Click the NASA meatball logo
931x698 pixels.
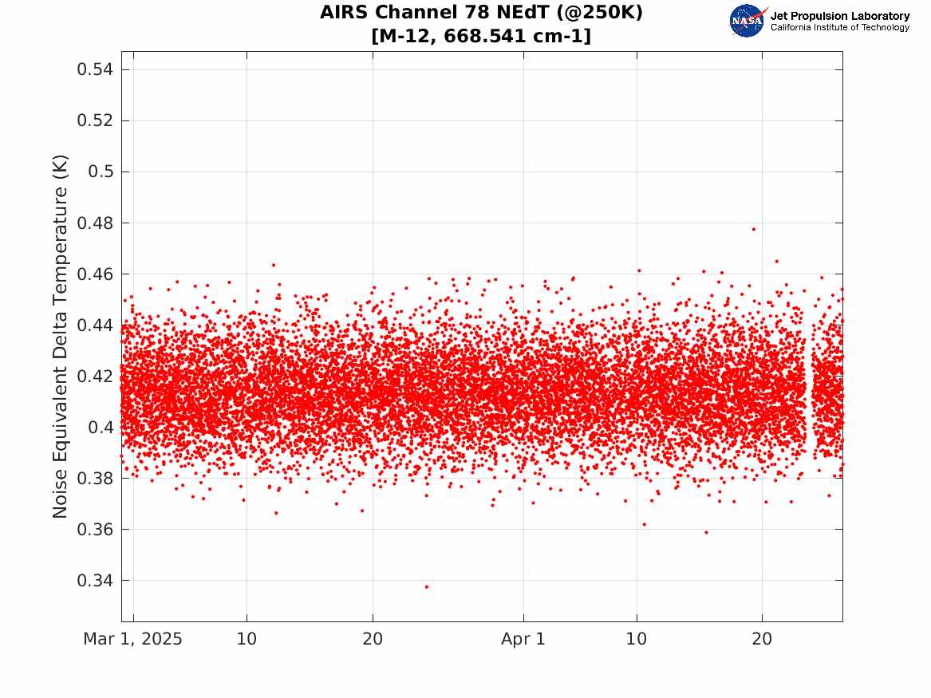click(748, 21)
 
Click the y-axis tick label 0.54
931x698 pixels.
click(95, 69)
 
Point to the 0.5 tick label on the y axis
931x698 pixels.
click(101, 172)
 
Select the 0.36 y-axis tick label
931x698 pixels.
click(95, 530)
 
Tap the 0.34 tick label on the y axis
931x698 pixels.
click(95, 581)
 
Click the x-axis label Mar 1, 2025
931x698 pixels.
click(133, 639)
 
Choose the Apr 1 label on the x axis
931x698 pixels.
click(523, 639)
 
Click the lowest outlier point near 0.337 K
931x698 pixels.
click(426, 587)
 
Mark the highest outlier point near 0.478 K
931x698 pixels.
click(754, 229)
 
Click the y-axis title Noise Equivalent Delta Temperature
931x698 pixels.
click(60, 337)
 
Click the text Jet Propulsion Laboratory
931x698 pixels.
click(840, 16)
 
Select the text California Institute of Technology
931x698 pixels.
click(840, 27)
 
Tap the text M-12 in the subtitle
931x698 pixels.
click(408, 36)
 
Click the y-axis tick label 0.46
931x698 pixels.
click(95, 274)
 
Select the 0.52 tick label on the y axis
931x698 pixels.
click(95, 120)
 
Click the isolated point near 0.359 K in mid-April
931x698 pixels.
click(706, 532)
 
